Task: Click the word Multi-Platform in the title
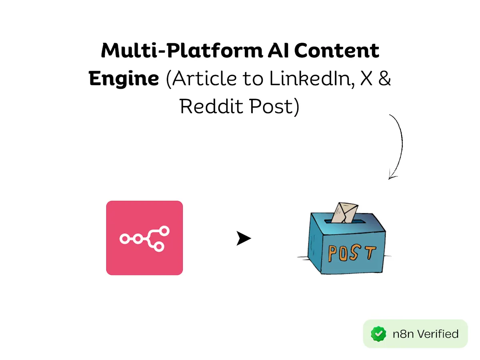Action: (x=182, y=51)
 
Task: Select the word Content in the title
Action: (x=336, y=50)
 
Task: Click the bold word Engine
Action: (x=124, y=79)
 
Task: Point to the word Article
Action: (x=204, y=78)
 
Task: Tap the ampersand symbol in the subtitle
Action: (x=385, y=78)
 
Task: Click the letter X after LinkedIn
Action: (x=366, y=78)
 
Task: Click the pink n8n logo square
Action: (x=144, y=238)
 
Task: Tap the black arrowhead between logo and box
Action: (x=243, y=238)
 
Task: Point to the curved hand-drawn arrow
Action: (x=402, y=145)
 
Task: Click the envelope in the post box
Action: (x=345, y=213)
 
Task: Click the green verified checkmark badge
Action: (x=378, y=334)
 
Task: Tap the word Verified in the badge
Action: (x=438, y=334)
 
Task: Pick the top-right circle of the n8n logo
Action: (x=164, y=231)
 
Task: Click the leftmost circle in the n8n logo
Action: (x=125, y=239)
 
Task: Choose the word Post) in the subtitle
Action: (x=274, y=107)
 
